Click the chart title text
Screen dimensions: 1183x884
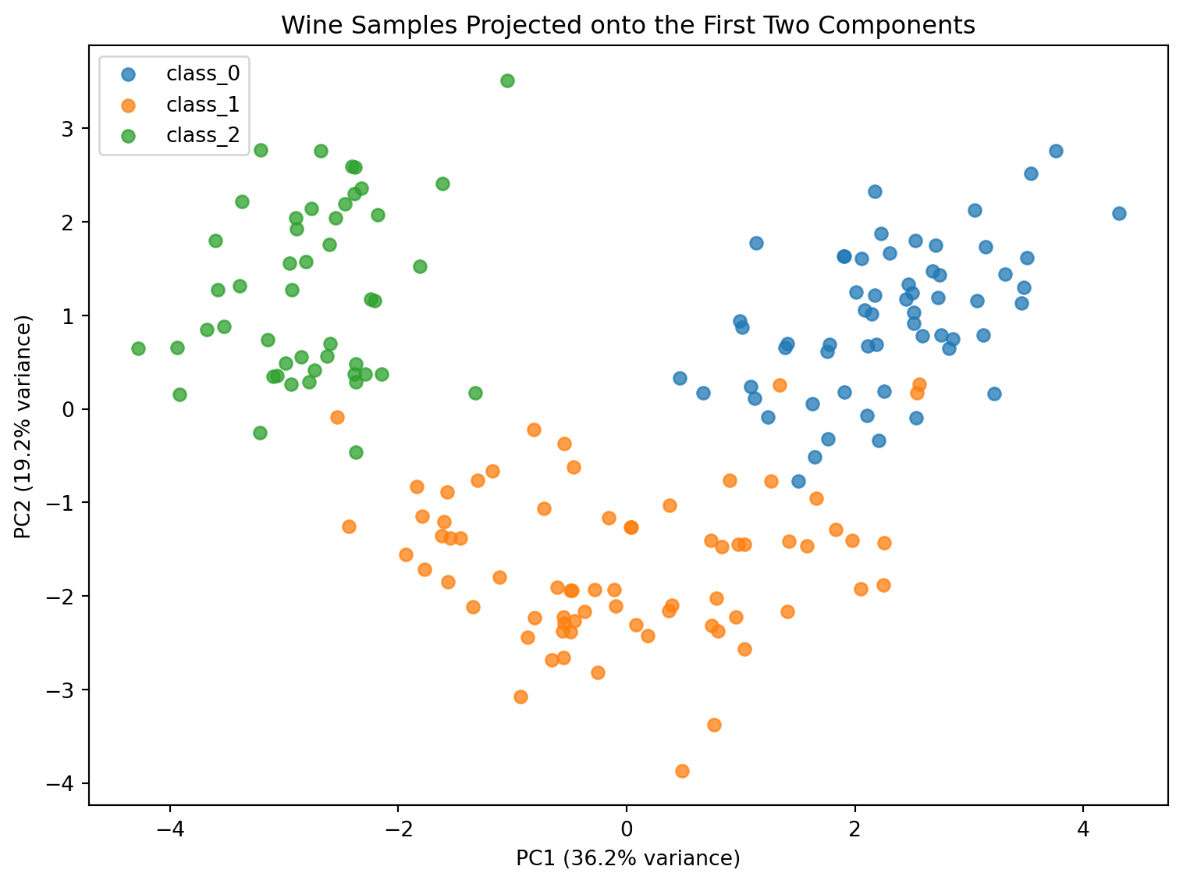(628, 25)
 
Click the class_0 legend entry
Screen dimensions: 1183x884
(180, 73)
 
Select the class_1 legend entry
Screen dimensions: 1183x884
(180, 105)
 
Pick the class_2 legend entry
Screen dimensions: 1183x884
(180, 135)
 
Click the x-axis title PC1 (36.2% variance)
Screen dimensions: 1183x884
(628, 857)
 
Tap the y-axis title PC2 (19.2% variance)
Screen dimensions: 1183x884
(23, 426)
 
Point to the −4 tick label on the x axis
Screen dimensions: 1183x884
(170, 829)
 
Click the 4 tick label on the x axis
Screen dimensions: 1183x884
(1083, 829)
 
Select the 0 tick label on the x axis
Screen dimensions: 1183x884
(627, 829)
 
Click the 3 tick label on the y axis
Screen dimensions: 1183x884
(67, 129)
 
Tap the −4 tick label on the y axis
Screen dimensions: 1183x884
(60, 783)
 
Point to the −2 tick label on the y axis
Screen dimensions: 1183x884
(60, 596)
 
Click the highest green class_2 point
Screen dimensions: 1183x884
(507, 81)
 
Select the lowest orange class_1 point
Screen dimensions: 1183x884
(682, 771)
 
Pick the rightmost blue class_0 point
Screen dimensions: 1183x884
(1120, 214)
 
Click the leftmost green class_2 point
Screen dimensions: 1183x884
(138, 348)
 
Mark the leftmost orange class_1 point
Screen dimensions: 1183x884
(337, 417)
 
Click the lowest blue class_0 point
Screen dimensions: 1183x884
(799, 481)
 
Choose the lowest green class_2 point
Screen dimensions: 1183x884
(357, 452)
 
